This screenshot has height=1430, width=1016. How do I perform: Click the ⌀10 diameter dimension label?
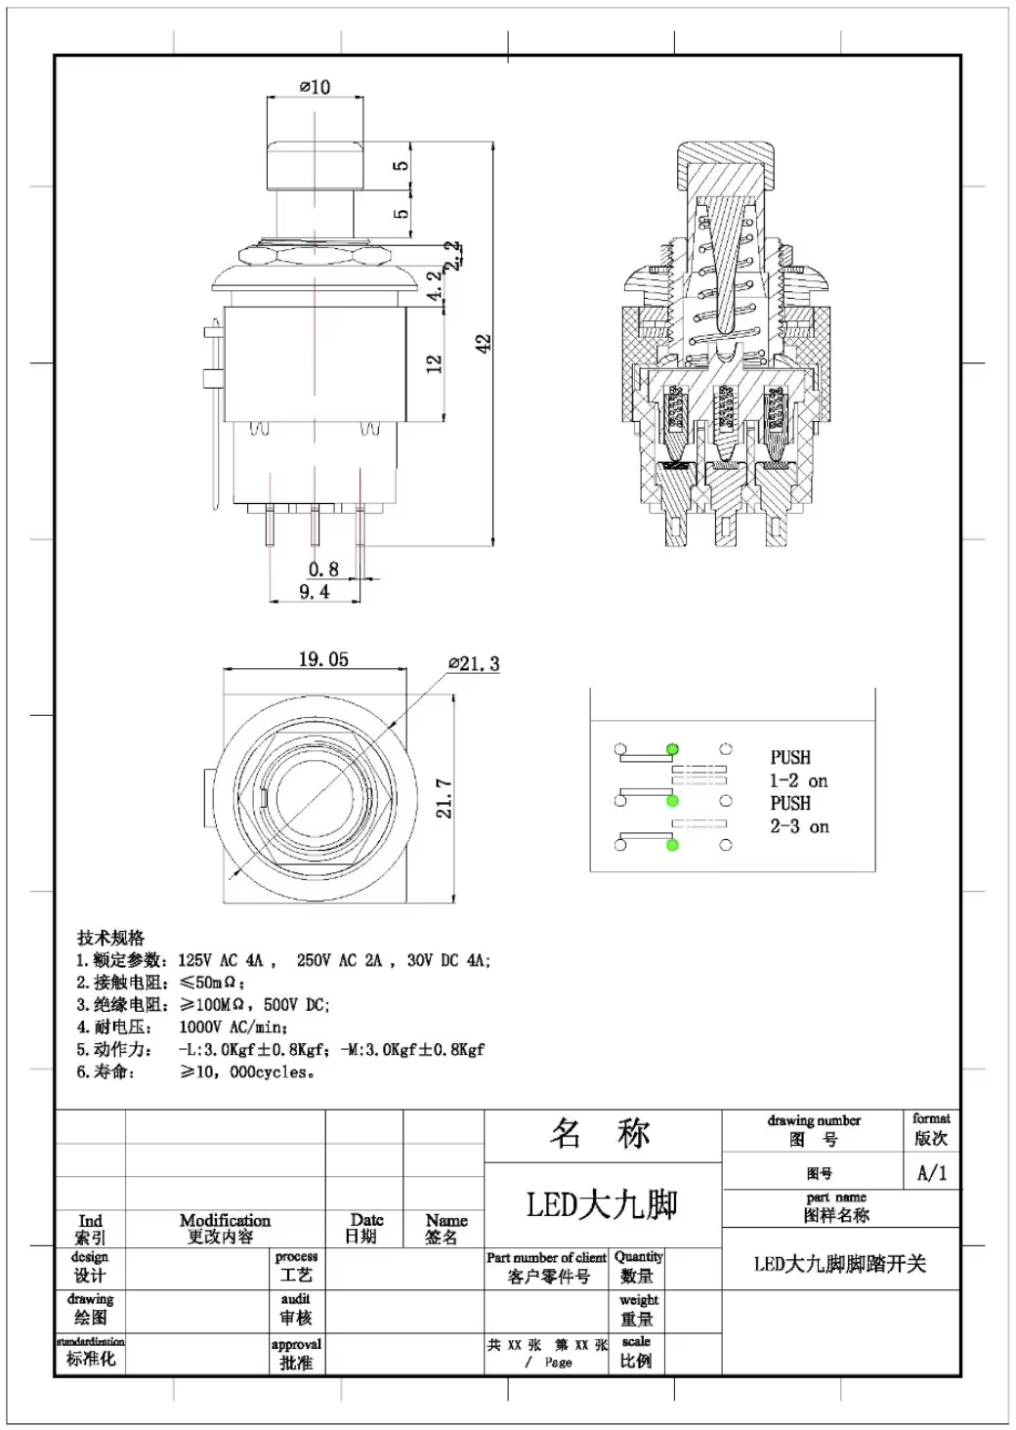coord(315,87)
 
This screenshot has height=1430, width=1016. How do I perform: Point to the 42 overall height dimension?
coord(484,343)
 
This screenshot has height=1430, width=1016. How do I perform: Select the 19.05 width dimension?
coord(323,659)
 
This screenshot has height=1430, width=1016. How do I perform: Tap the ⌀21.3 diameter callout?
coord(475,664)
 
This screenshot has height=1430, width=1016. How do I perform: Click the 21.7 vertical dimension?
coord(444,798)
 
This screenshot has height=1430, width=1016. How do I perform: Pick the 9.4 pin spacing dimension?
coord(314,591)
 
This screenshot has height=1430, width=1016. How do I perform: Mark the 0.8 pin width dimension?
coord(323,568)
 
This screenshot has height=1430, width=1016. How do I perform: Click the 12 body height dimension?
coord(435,363)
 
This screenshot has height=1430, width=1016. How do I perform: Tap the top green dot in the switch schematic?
coord(672,749)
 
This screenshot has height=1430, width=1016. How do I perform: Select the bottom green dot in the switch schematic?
coord(672,844)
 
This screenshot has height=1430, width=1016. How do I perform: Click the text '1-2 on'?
coord(798,780)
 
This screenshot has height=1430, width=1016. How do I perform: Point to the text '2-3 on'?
coord(799,826)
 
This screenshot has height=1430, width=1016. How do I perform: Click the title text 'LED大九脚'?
coord(602,1204)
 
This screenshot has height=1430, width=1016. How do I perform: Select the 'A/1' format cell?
coord(931,1173)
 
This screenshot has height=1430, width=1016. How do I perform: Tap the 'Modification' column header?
coord(225,1220)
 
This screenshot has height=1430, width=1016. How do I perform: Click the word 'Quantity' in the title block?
coord(638,1256)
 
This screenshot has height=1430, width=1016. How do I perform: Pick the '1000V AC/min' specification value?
coord(233,1027)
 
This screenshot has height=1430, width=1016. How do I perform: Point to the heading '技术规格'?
coord(111,938)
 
